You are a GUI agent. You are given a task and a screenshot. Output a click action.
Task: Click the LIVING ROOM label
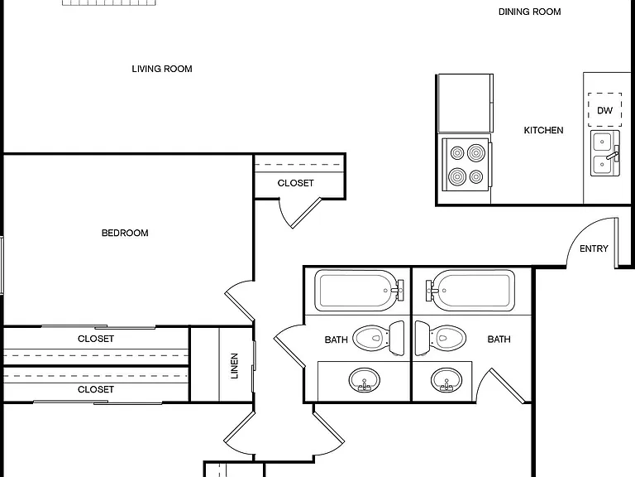162,69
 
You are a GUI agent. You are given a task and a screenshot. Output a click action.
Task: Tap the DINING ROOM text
530,12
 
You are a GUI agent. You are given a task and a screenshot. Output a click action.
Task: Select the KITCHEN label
543,130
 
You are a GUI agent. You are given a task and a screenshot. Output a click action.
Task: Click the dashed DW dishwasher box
605,110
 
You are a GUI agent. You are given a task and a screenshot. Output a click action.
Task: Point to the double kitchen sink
605,153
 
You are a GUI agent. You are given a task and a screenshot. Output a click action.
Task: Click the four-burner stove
466,164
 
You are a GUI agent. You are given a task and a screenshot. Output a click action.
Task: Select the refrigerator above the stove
466,103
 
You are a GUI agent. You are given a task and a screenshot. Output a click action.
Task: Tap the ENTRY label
594,248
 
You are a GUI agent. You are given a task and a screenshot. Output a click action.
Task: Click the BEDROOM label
125,233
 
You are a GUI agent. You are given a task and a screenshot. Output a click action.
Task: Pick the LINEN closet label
235,366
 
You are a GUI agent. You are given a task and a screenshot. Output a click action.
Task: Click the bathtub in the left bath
359,291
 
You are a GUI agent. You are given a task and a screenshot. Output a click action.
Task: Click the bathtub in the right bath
470,291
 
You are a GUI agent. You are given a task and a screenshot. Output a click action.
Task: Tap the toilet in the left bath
379,338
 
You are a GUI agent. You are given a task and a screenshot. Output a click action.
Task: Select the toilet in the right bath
441,338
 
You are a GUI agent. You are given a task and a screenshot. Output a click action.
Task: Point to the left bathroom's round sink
364,380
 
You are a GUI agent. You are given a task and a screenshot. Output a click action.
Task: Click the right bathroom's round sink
446,380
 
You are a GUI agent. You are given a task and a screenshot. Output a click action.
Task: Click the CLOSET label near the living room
296,183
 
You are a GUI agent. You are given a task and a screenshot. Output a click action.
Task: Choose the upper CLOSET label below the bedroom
96,339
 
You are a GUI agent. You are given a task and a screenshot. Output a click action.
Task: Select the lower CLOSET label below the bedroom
96,389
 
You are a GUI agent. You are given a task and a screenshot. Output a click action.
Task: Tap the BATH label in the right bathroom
499,339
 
